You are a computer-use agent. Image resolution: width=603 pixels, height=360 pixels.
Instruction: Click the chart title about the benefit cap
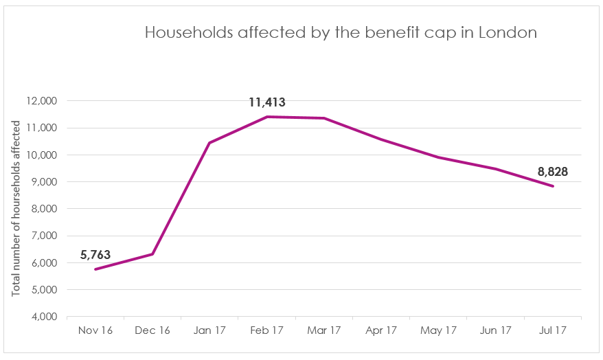point(340,33)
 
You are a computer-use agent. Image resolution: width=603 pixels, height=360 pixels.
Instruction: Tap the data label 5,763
point(95,255)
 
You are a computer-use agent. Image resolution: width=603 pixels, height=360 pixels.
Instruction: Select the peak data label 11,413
point(266,103)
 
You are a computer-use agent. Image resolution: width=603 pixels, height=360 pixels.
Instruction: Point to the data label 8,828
point(553,172)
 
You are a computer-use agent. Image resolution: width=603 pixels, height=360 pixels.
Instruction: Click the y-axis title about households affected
point(16,209)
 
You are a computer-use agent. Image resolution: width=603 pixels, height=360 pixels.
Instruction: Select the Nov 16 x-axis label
point(95,330)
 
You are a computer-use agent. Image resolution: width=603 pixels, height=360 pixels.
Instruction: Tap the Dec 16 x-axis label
point(152,330)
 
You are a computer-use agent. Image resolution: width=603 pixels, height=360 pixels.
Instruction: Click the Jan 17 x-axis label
point(209,330)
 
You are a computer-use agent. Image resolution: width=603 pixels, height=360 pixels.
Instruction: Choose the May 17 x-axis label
point(438,330)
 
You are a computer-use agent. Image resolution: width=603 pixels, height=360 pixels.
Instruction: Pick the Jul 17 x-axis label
point(552,330)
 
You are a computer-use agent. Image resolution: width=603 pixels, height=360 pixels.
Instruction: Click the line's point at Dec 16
point(152,254)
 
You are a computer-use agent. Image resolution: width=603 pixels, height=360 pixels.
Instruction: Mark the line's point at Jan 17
point(209,143)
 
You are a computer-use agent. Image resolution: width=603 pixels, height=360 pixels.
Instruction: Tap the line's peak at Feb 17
point(266,117)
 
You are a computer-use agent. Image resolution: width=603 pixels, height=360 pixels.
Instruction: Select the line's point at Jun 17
point(495,169)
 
